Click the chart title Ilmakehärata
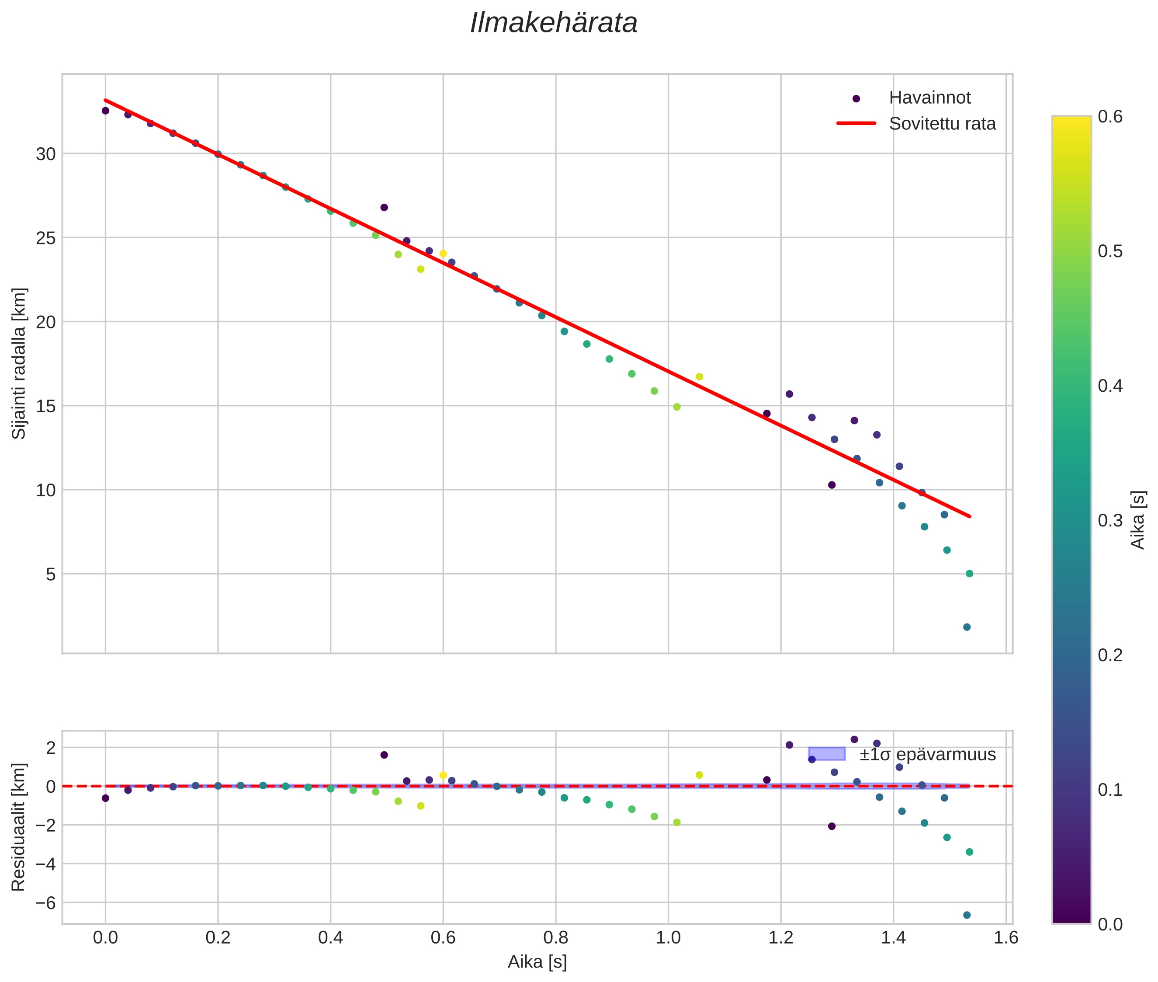[x=553, y=23]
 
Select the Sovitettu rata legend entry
[x=942, y=124]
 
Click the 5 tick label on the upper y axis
[x=51, y=574]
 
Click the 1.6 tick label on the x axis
[x=1005, y=938]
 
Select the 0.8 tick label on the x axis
[x=555, y=938]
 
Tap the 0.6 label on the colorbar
[x=1110, y=117]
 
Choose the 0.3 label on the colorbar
[x=1110, y=520]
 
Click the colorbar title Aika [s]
[x=1138, y=520]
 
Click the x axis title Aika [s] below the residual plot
[x=537, y=962]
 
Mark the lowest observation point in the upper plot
[x=967, y=627]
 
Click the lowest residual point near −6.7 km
[x=967, y=915]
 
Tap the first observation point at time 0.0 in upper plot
[x=106, y=111]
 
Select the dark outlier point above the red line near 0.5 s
[x=384, y=208]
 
